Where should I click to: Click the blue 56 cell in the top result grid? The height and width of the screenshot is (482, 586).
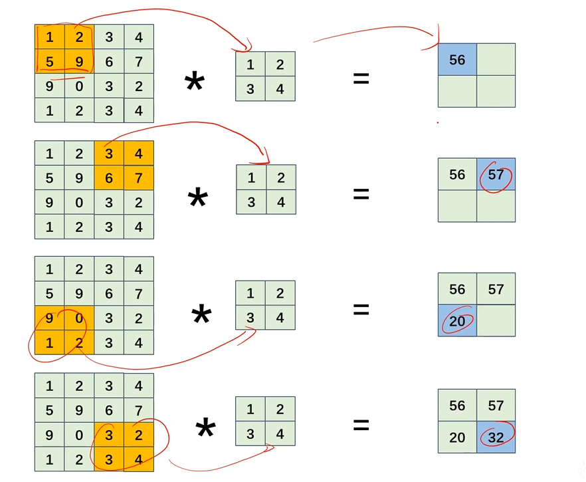[x=457, y=60]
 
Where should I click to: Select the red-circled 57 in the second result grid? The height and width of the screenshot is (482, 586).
[x=496, y=175]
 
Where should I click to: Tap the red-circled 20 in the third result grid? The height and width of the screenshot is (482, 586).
[x=457, y=321]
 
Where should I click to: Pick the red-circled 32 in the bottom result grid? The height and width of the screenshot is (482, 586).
[x=496, y=438]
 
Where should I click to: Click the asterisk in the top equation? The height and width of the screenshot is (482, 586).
[x=194, y=85]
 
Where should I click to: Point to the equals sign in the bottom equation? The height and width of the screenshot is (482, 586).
[x=361, y=424]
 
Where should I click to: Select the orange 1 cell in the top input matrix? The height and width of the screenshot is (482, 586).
[x=50, y=37]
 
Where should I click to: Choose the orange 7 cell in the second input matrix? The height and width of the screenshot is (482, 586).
[x=138, y=178]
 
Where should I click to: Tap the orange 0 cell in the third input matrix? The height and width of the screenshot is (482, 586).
[x=79, y=318]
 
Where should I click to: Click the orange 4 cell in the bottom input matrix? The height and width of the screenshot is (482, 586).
[x=138, y=459]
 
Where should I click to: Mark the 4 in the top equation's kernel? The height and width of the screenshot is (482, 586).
[x=280, y=88]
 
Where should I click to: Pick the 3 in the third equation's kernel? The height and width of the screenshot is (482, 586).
[x=250, y=318]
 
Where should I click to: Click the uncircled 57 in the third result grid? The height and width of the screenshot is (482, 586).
[x=496, y=289]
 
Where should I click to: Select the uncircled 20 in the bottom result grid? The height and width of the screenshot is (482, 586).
[x=457, y=438]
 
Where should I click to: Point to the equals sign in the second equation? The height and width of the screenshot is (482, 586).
[x=361, y=194]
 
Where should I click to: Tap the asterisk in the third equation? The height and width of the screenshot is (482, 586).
[x=201, y=316]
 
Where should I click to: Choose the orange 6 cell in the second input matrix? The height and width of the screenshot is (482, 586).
[x=109, y=178]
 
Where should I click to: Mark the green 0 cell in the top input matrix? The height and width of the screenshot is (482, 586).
[x=79, y=86]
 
